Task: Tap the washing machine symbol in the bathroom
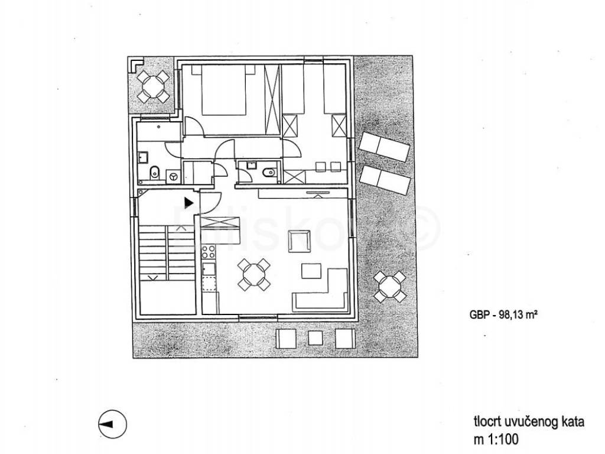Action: click(x=174, y=175)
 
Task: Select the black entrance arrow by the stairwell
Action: click(x=188, y=203)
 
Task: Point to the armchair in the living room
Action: click(x=298, y=241)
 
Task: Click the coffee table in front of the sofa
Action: click(x=311, y=271)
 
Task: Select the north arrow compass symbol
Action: click(x=109, y=423)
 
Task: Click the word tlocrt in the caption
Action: click(x=486, y=422)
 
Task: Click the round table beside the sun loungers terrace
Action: click(x=391, y=287)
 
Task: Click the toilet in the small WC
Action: click(x=267, y=172)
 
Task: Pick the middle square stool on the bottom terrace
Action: click(x=315, y=338)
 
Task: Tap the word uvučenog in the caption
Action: click(x=531, y=422)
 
